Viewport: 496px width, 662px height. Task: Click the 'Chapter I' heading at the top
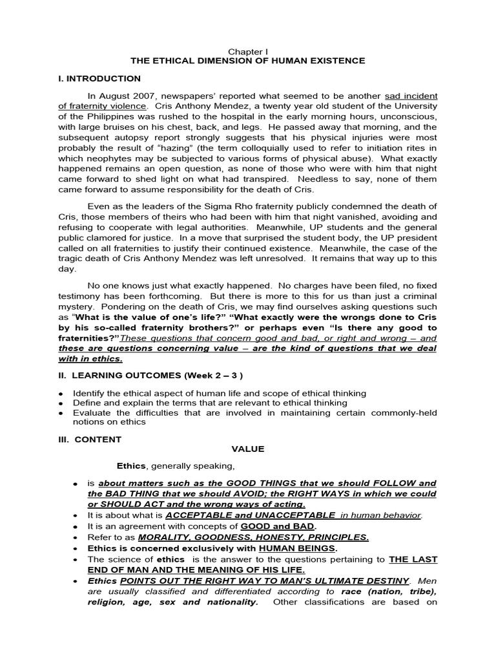[x=247, y=50]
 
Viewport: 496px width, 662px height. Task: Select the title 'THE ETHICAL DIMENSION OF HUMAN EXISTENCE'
[x=247, y=61]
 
